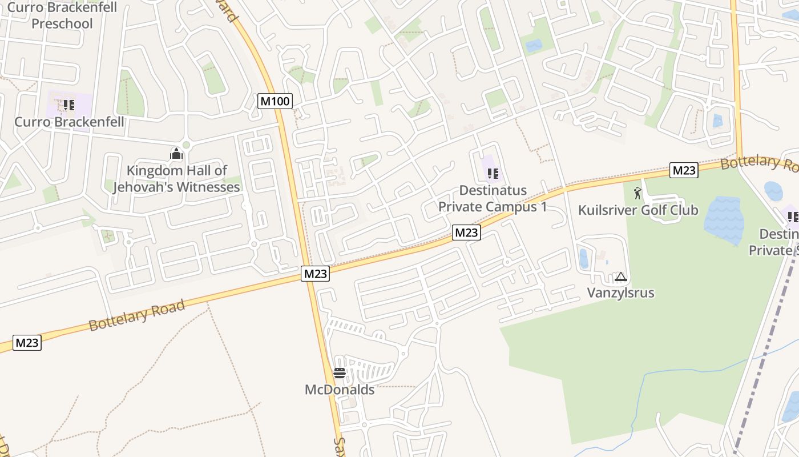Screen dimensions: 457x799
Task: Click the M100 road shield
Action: [x=275, y=102]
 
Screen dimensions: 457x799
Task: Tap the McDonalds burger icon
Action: [x=340, y=374]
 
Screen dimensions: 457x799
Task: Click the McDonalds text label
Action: [x=340, y=390]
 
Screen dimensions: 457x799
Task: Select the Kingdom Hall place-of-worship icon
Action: [x=176, y=154]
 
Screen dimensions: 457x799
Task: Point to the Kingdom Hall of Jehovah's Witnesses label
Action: [x=176, y=179]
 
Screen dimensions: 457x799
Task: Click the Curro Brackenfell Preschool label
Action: [x=62, y=15]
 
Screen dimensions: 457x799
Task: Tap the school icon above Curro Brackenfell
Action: [x=69, y=105]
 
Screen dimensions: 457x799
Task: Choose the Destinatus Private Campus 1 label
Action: [x=492, y=198]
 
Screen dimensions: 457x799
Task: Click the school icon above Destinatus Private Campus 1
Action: [x=493, y=174]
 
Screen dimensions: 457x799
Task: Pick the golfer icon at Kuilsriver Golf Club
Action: [x=637, y=193]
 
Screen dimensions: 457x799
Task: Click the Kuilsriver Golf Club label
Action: [x=638, y=210]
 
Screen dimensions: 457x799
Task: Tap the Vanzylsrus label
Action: [x=620, y=293]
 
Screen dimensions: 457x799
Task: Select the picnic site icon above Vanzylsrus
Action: [x=621, y=278]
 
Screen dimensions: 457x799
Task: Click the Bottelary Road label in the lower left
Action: [x=137, y=315]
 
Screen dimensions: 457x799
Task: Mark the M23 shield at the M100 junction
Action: [x=315, y=274]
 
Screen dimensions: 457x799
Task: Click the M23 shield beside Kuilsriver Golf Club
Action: [x=684, y=170]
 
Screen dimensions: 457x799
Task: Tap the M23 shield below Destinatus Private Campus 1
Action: [x=466, y=232]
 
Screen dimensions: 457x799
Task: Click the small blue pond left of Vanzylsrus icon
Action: [x=583, y=259]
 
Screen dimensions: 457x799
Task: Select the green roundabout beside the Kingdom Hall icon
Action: [x=186, y=145]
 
